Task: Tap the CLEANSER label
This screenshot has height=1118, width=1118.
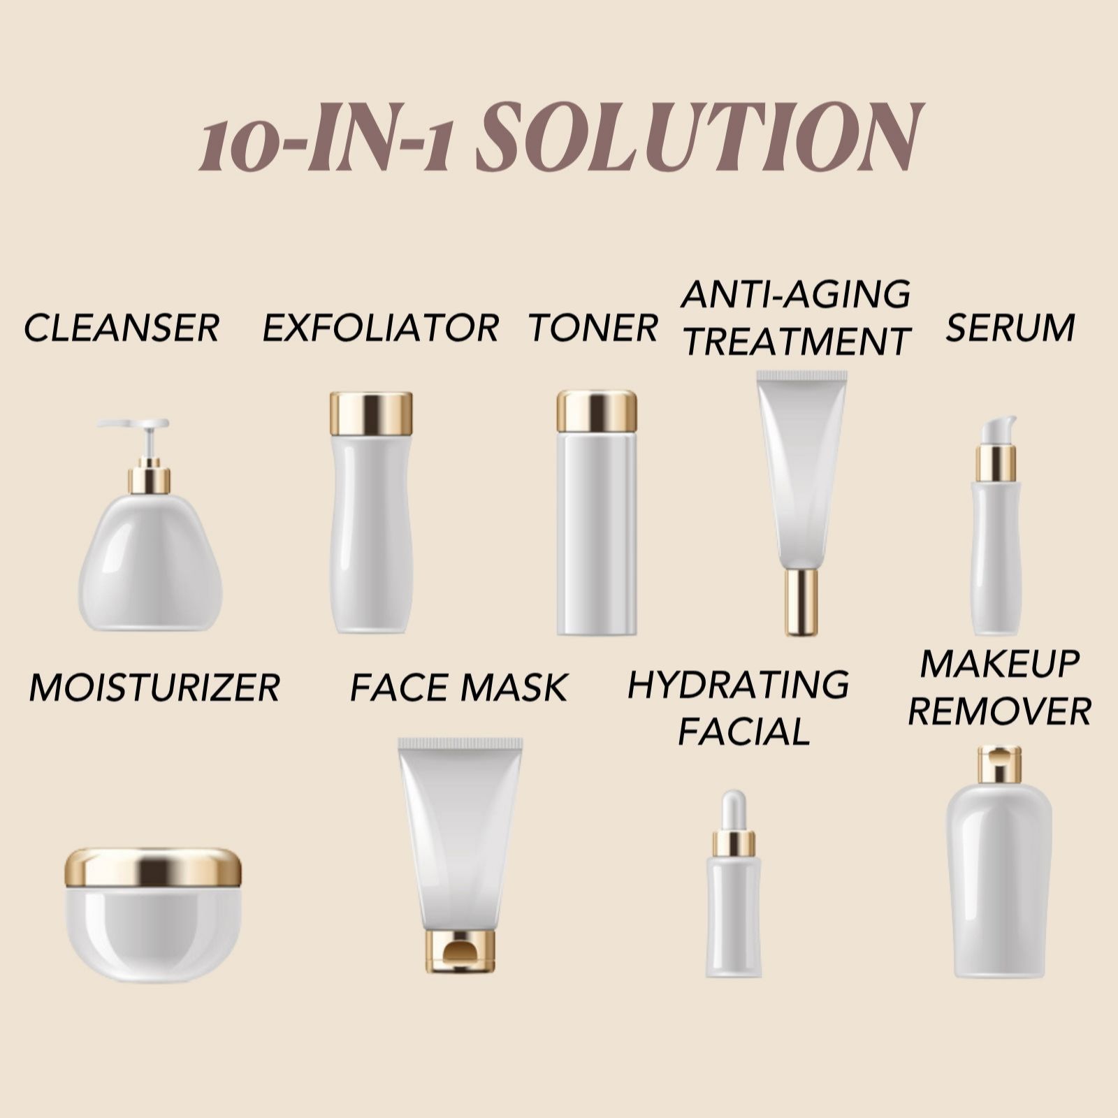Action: (x=122, y=328)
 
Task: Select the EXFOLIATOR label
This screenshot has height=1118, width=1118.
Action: (x=381, y=328)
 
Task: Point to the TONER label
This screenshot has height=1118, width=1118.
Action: (x=593, y=328)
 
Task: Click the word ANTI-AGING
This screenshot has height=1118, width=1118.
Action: (x=796, y=293)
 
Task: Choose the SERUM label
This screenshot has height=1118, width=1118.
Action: (x=1010, y=328)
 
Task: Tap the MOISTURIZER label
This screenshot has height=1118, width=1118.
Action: (x=154, y=688)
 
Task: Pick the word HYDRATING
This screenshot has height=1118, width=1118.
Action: (x=739, y=684)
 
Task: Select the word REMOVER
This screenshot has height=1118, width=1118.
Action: (x=1000, y=712)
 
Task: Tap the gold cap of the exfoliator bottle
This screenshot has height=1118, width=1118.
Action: (x=371, y=414)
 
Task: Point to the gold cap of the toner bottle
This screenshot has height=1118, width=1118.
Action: (x=597, y=412)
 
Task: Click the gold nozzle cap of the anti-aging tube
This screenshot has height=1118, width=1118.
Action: (x=801, y=602)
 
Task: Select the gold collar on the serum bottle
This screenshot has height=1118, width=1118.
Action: (x=996, y=463)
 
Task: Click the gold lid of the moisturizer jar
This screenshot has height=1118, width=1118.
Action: (x=153, y=867)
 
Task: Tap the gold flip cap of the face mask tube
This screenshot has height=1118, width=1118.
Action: (x=460, y=951)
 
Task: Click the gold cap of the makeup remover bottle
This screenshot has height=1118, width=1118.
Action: (x=999, y=764)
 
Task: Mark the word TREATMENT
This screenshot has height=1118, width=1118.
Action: (x=796, y=342)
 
